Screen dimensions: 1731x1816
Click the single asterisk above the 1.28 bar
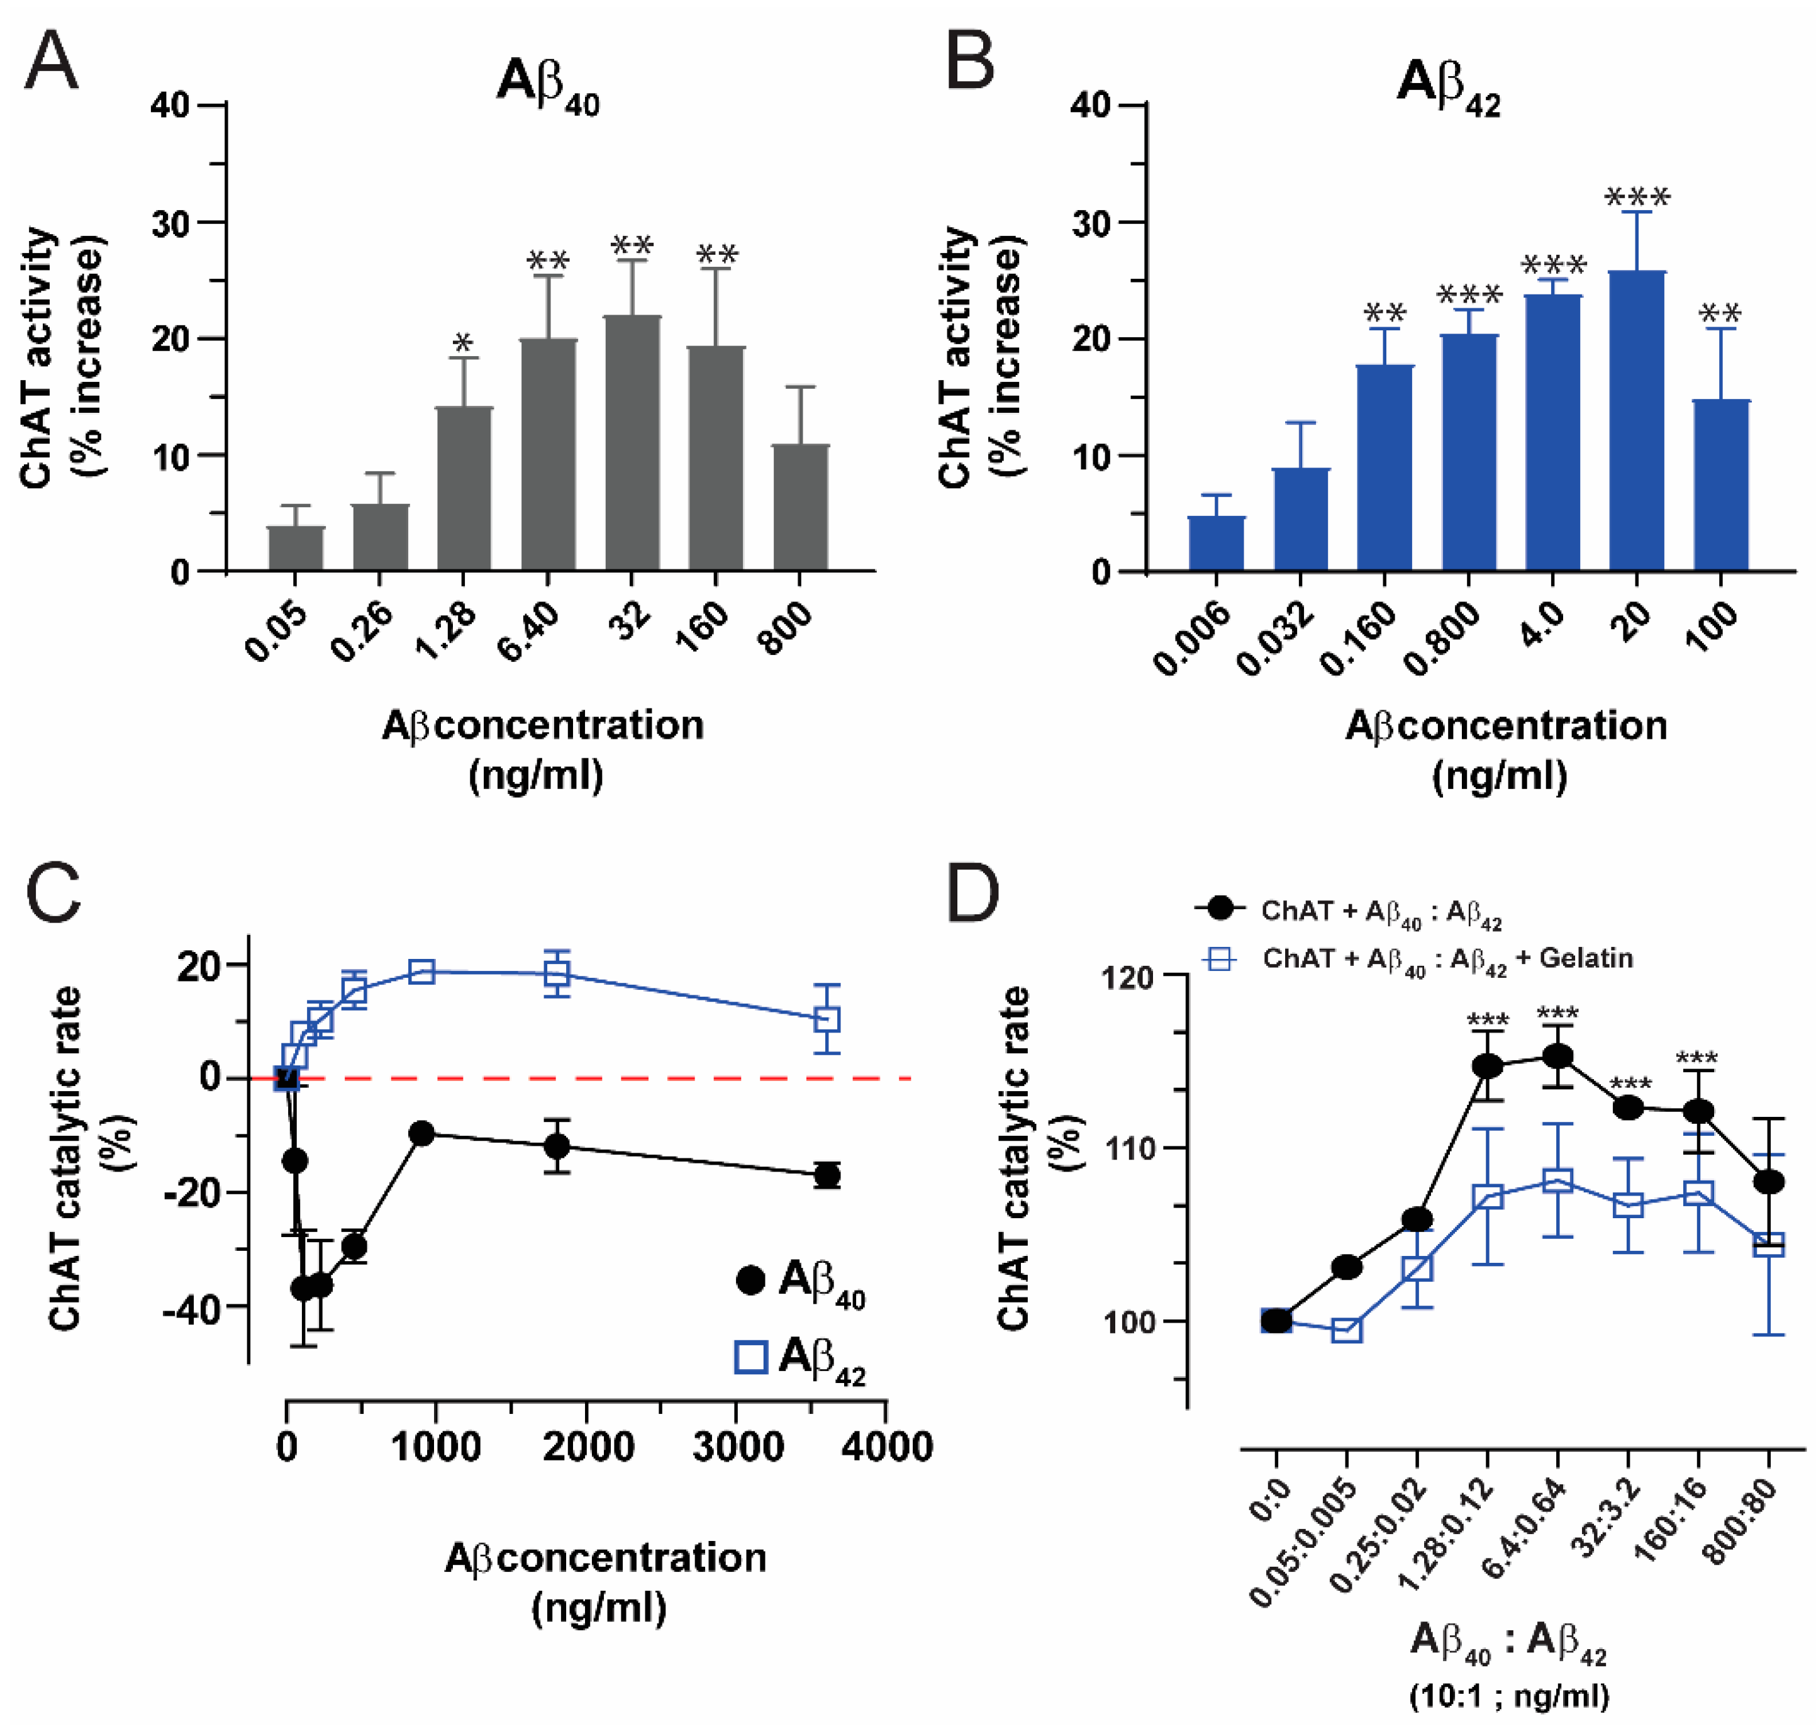463,344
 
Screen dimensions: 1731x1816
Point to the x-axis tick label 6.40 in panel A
530,632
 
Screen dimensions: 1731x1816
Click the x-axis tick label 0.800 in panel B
1442,637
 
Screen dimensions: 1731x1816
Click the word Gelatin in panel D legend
1585,958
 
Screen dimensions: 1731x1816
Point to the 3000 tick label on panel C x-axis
737,1446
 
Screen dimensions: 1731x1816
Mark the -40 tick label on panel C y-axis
192,1308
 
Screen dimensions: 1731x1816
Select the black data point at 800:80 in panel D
1768,1182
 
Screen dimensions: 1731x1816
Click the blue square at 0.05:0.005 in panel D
1347,1330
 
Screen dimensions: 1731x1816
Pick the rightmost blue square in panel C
827,1019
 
